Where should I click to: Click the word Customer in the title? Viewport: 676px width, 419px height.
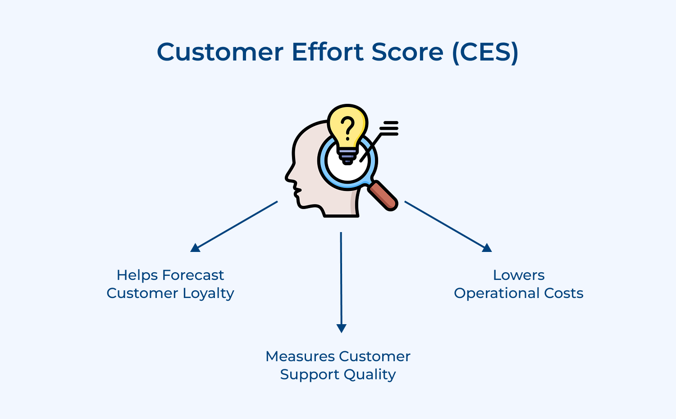pos(220,52)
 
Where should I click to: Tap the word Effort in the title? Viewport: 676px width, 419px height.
pos(328,52)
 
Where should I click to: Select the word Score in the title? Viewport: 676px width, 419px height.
pos(407,52)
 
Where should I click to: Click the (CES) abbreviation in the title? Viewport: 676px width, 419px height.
pos(485,52)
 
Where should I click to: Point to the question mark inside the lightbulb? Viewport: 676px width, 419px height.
pos(347,127)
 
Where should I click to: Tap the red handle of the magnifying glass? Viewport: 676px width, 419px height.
pos(383,196)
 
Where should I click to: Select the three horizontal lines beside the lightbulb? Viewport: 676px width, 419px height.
pos(390,128)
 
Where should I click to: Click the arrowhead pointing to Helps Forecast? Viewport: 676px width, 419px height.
pos(196,247)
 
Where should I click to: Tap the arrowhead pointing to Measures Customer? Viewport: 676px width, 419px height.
pos(342,328)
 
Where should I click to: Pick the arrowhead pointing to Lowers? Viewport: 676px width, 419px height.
pos(487,247)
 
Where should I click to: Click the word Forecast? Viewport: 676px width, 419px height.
pos(193,275)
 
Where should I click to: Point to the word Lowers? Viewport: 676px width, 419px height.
pos(519,275)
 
